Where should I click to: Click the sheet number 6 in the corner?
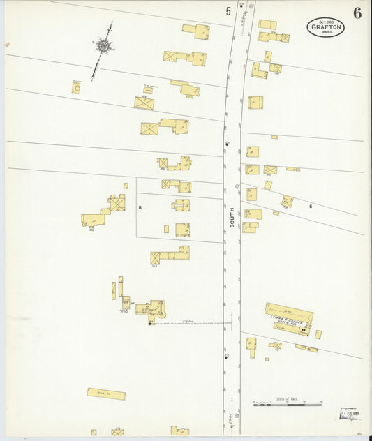click(x=357, y=13)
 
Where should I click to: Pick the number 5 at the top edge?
click(x=228, y=11)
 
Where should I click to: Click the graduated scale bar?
click(x=287, y=404)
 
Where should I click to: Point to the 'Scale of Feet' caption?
click(x=287, y=398)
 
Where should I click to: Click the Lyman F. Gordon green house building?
click(x=288, y=317)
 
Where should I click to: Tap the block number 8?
click(x=140, y=208)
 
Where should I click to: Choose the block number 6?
click(x=311, y=206)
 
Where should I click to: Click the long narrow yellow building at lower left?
click(x=106, y=394)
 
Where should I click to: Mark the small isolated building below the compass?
click(x=76, y=87)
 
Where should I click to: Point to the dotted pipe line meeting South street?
click(x=192, y=323)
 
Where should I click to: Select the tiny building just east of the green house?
click(x=318, y=334)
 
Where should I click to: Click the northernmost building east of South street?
click(x=267, y=24)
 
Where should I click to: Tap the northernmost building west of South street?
click(x=196, y=31)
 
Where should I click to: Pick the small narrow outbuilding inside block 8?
click(x=166, y=229)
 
